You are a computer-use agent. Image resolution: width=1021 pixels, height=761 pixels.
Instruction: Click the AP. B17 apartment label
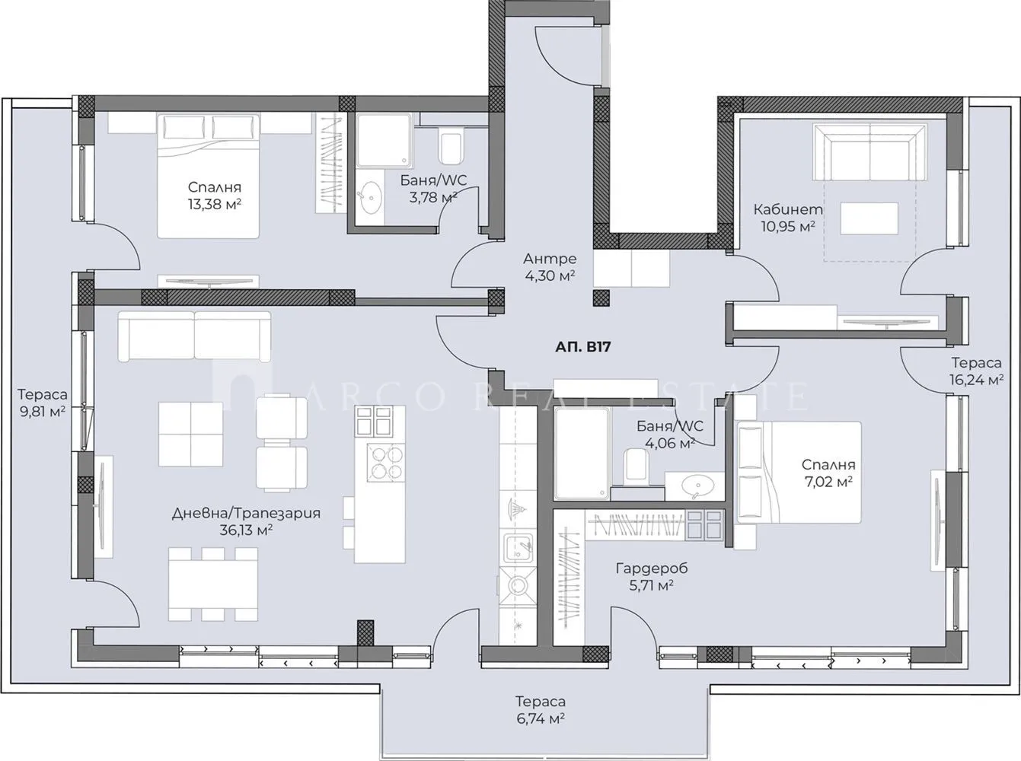point(582,347)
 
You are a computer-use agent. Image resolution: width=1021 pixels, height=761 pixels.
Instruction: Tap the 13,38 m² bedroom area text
point(215,204)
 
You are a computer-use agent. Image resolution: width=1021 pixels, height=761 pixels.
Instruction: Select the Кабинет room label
point(788,210)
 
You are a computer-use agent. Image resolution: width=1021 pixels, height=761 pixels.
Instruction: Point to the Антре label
point(550,259)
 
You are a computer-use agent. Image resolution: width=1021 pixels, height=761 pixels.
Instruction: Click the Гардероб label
point(652,568)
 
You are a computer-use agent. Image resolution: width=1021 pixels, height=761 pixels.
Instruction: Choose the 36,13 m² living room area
point(246,530)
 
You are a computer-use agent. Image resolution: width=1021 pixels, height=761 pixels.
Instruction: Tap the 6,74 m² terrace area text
point(541,718)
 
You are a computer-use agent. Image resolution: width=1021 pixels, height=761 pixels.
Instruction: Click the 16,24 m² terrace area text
point(976,380)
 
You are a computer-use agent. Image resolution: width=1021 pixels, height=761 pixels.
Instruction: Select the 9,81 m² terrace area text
point(43,412)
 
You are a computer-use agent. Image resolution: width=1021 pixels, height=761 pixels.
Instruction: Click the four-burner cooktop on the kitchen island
point(385,463)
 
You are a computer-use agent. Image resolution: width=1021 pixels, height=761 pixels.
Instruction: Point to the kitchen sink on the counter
point(518,548)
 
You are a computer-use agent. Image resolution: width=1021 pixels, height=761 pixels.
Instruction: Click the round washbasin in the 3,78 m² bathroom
point(372,197)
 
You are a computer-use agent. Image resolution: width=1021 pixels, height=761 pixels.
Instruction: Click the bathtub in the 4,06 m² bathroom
point(582,454)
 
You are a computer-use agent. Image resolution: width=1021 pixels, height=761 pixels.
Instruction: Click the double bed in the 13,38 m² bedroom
point(208,176)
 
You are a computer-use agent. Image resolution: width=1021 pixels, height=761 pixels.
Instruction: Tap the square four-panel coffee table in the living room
point(190,435)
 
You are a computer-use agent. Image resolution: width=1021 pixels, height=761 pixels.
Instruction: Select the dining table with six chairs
point(213,584)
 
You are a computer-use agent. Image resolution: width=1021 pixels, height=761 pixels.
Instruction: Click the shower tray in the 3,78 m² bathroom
point(384,140)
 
